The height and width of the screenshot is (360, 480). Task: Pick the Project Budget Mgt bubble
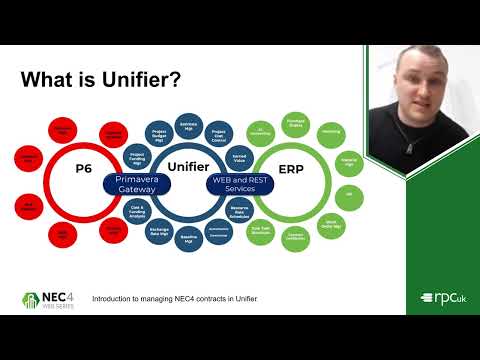coord(159,136)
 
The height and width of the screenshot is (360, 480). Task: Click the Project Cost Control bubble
coord(217,134)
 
